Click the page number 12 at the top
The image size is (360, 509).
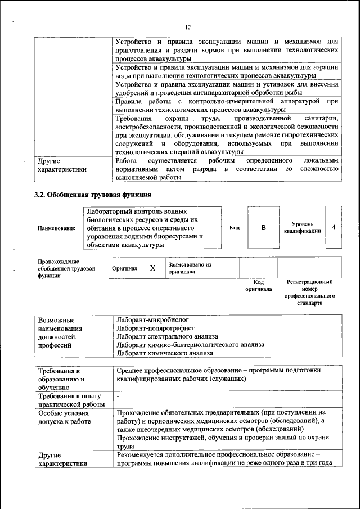(x=188, y=27)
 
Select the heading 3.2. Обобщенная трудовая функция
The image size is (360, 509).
(x=93, y=195)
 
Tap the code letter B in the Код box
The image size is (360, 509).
(x=263, y=227)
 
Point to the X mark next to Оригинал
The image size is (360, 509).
(x=152, y=268)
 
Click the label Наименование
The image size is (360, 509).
(x=56, y=228)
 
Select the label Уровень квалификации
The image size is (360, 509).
(x=303, y=227)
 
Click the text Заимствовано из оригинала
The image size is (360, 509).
(x=189, y=268)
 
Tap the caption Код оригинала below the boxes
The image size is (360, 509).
(x=258, y=285)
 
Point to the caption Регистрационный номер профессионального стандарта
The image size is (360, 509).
(x=310, y=292)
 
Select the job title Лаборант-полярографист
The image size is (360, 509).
(x=155, y=327)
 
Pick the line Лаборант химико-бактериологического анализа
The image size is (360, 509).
(x=190, y=344)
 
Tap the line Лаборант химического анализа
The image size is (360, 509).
(x=165, y=353)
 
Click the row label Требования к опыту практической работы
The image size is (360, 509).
(x=71, y=400)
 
